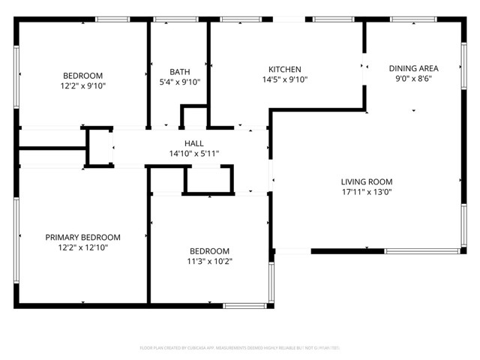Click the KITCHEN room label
284,68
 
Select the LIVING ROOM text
367,181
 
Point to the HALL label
193,143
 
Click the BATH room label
179,71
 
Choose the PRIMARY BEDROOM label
82,237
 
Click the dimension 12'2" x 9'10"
82,86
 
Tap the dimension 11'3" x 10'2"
209,262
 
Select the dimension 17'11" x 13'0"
367,192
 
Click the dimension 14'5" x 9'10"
284,79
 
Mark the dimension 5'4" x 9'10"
179,82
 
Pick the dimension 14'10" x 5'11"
193,154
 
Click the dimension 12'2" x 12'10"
82,247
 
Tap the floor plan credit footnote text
240,348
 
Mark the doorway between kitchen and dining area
364,66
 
